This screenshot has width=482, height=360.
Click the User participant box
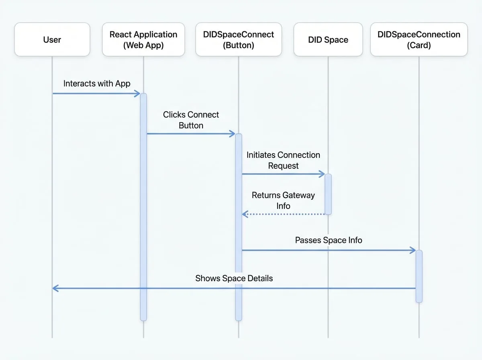52,39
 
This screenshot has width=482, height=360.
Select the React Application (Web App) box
143,39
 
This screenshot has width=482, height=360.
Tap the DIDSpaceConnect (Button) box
239,39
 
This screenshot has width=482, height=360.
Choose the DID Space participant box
328,39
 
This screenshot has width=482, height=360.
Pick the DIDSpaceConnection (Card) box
419,39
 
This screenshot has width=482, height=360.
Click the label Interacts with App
97,84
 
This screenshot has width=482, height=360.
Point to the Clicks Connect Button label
191,120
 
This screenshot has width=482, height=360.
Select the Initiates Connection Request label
283,160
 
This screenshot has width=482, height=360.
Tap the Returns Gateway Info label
283,200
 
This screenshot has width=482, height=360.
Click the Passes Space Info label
329,240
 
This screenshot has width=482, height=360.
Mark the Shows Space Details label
234,278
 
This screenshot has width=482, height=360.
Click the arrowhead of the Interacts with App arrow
138,94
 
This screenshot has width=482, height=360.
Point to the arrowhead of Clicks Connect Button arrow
233,133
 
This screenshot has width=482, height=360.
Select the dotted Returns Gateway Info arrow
283,214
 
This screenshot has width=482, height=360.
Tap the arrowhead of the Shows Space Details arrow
55,288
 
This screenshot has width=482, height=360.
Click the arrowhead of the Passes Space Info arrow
413,250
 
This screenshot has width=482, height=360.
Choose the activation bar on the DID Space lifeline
328,194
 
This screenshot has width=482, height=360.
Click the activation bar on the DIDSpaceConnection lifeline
419,276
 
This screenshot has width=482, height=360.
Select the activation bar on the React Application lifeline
143,207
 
